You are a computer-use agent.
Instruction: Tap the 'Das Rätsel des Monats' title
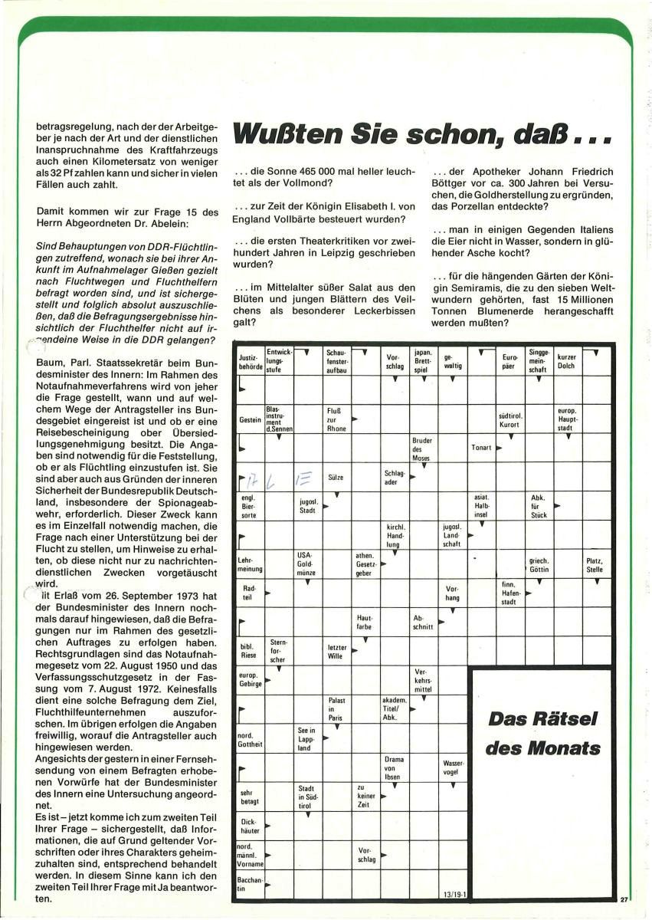[543, 733]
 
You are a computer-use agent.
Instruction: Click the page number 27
[624, 900]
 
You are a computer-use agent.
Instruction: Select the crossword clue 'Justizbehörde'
[250, 361]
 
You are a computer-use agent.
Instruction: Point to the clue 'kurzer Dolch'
[567, 361]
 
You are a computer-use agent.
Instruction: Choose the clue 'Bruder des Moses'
[422, 449]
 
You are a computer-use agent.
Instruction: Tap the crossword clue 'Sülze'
[336, 477]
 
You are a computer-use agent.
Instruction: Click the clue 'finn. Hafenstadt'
[509, 593]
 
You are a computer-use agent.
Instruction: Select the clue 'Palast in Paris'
[336, 709]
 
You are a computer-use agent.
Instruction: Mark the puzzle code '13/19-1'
[454, 893]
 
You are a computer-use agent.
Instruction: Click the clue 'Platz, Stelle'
[595, 565]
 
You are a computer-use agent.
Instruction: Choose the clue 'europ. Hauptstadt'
[567, 419]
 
